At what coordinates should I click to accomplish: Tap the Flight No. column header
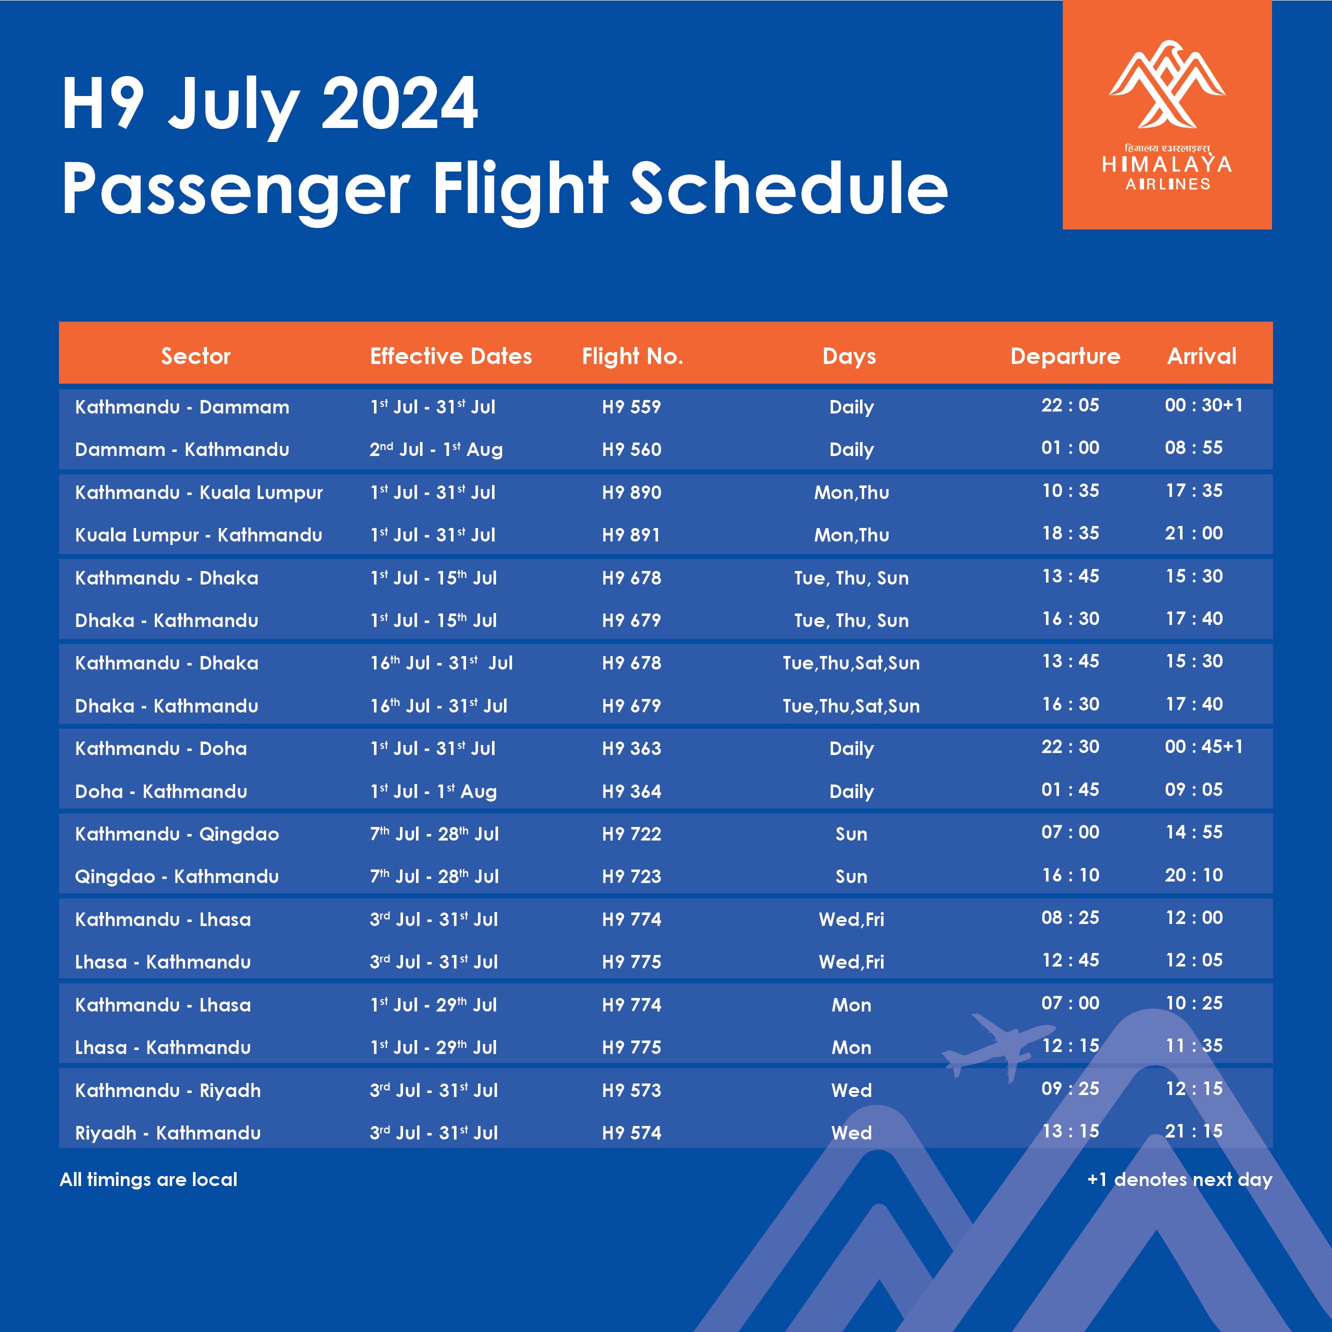[632, 356]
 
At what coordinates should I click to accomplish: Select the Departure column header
[1065, 356]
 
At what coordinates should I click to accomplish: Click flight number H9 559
[631, 407]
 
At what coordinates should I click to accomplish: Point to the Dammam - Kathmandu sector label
[182, 449]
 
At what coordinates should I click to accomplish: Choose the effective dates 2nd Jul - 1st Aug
[435, 449]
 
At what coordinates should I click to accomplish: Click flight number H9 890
[631, 492]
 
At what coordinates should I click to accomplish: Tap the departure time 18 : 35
[1070, 533]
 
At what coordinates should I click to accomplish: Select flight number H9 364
[631, 791]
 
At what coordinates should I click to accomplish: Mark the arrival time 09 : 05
[1193, 789]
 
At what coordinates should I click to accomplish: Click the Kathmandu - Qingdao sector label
[177, 834]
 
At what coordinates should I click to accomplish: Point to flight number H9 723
[631, 876]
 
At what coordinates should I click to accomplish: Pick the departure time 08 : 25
[1070, 917]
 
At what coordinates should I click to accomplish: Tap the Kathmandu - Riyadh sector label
[168, 1090]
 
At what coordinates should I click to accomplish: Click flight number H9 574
[631, 1133]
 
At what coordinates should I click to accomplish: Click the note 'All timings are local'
[148, 1179]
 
